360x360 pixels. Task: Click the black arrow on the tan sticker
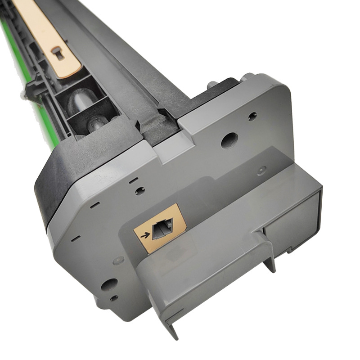[x=145, y=235]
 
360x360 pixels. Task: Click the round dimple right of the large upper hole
[x=261, y=171]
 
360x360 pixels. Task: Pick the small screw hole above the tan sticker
[x=140, y=190]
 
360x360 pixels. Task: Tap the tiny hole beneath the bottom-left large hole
[x=113, y=298]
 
